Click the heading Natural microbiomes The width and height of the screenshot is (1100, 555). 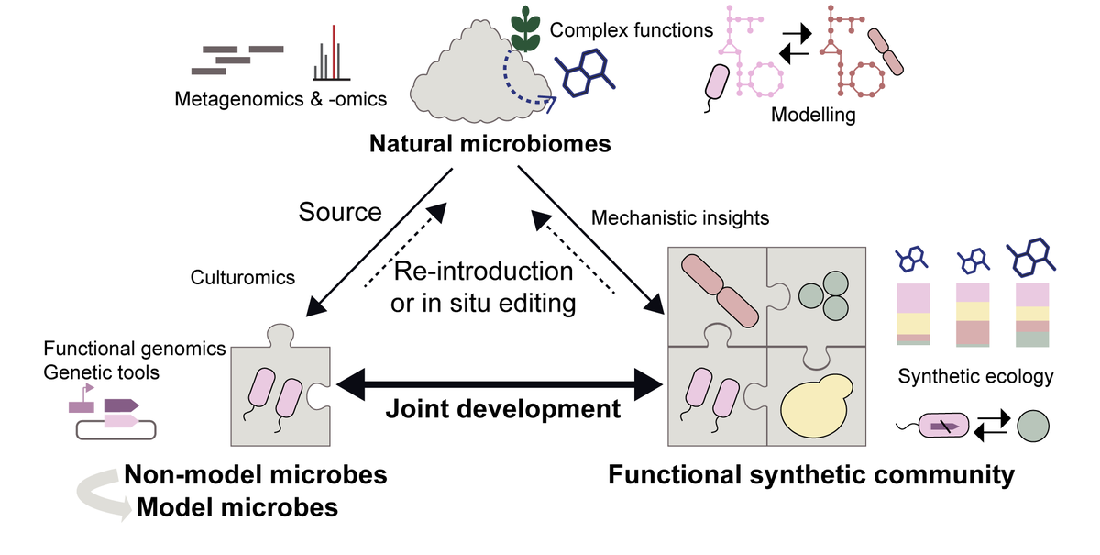(489, 143)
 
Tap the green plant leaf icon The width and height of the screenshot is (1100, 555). (525, 29)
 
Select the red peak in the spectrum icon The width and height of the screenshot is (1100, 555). (334, 51)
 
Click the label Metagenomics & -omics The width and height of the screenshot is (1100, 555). (280, 99)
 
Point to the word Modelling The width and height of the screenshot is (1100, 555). (813, 115)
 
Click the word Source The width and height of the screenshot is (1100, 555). (340, 212)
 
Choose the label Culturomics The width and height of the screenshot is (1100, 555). (243, 277)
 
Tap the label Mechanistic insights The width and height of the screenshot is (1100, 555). (680, 217)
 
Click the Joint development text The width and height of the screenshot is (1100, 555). (503, 409)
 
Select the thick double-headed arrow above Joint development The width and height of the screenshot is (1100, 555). (500, 384)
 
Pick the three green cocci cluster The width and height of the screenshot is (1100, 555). (824, 295)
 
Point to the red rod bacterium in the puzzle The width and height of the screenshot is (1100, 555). (720, 291)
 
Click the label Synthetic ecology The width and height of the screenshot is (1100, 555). (975, 376)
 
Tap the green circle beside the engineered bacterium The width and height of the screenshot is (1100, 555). (1033, 426)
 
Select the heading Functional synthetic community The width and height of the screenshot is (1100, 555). (811, 475)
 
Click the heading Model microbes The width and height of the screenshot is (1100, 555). (237, 507)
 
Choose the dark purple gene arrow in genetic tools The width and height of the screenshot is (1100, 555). (121, 405)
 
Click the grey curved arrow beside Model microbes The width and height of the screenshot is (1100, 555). (101, 493)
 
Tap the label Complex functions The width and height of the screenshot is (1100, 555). (631, 30)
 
